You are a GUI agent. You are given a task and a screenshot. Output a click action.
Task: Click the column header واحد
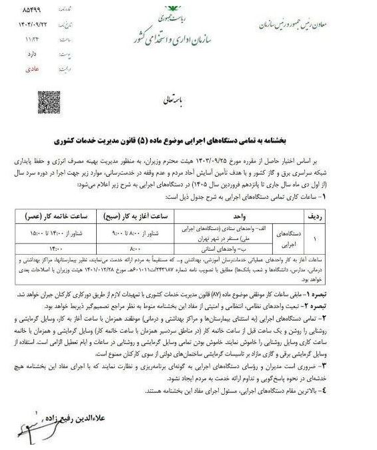pos(237,216)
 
